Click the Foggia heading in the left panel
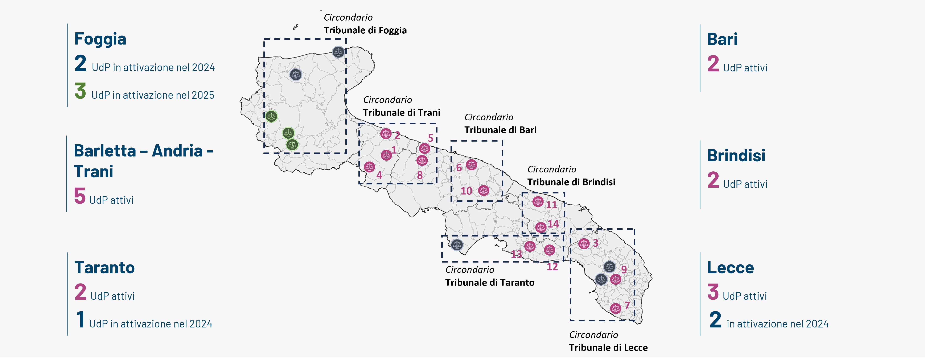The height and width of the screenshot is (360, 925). pos(100,39)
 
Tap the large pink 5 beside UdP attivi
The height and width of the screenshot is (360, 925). pos(80,196)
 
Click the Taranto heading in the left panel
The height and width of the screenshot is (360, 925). pos(104,268)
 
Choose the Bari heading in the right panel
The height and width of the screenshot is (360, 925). pos(722,39)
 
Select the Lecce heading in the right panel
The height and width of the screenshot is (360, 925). pos(730,268)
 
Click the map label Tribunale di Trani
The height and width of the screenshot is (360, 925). pos(402,113)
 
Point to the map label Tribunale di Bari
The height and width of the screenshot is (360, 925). pos(500,130)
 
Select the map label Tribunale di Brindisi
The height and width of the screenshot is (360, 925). pos(571,182)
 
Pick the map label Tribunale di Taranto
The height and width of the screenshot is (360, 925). pos(490,282)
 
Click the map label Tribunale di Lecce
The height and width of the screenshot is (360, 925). pos(608,347)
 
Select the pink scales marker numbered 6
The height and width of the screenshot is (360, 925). pos(472,165)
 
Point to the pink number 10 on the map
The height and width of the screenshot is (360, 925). pos(466,191)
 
